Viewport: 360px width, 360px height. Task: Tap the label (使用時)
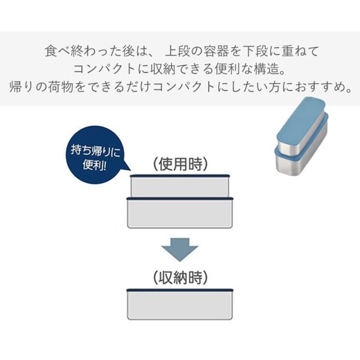(x=180, y=164)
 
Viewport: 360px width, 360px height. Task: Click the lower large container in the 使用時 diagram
(x=180, y=212)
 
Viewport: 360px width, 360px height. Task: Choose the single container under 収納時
(x=180, y=305)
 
